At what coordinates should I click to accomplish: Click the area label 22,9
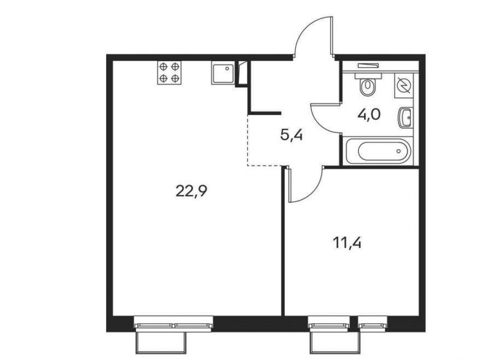tap(191, 191)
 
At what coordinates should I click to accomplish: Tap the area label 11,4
tap(347, 243)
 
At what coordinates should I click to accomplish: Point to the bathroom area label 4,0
tap(369, 115)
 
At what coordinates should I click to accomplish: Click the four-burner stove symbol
tap(169, 73)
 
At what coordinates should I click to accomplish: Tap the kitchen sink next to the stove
tap(222, 73)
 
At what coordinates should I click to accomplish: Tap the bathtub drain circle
tap(399, 151)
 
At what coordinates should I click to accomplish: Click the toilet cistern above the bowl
tap(368, 75)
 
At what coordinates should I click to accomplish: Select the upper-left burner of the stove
tap(163, 67)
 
